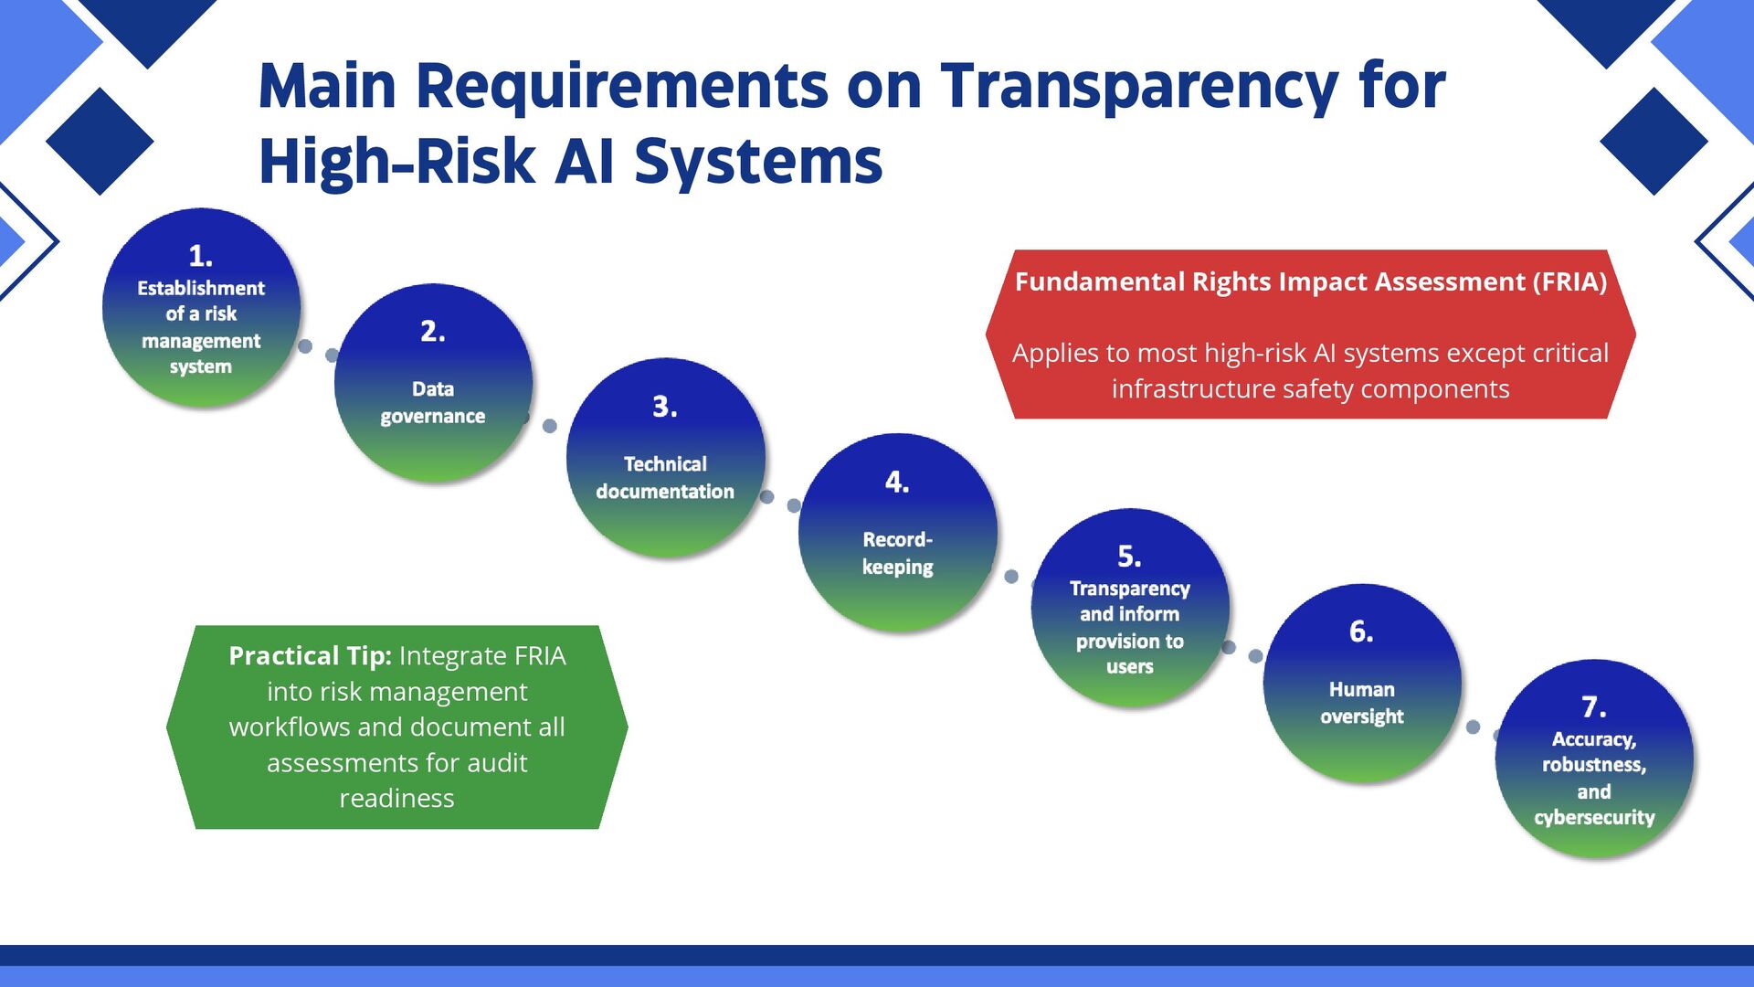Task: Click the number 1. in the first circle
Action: tap(200, 255)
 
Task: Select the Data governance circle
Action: tap(433, 384)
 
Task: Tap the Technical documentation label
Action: tap(665, 477)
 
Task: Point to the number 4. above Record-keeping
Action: tap(897, 482)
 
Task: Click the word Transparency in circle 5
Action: tap(1130, 589)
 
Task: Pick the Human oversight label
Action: tap(1361, 703)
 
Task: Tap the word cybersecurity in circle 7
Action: tap(1594, 817)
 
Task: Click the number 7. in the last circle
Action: tap(1593, 706)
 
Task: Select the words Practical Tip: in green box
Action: tap(310, 655)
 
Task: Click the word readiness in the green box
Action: tap(396, 798)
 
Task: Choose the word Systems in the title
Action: tap(757, 162)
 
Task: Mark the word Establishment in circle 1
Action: tap(201, 288)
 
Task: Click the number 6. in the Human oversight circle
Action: tap(1361, 631)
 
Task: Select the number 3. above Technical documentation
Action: tap(665, 407)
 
